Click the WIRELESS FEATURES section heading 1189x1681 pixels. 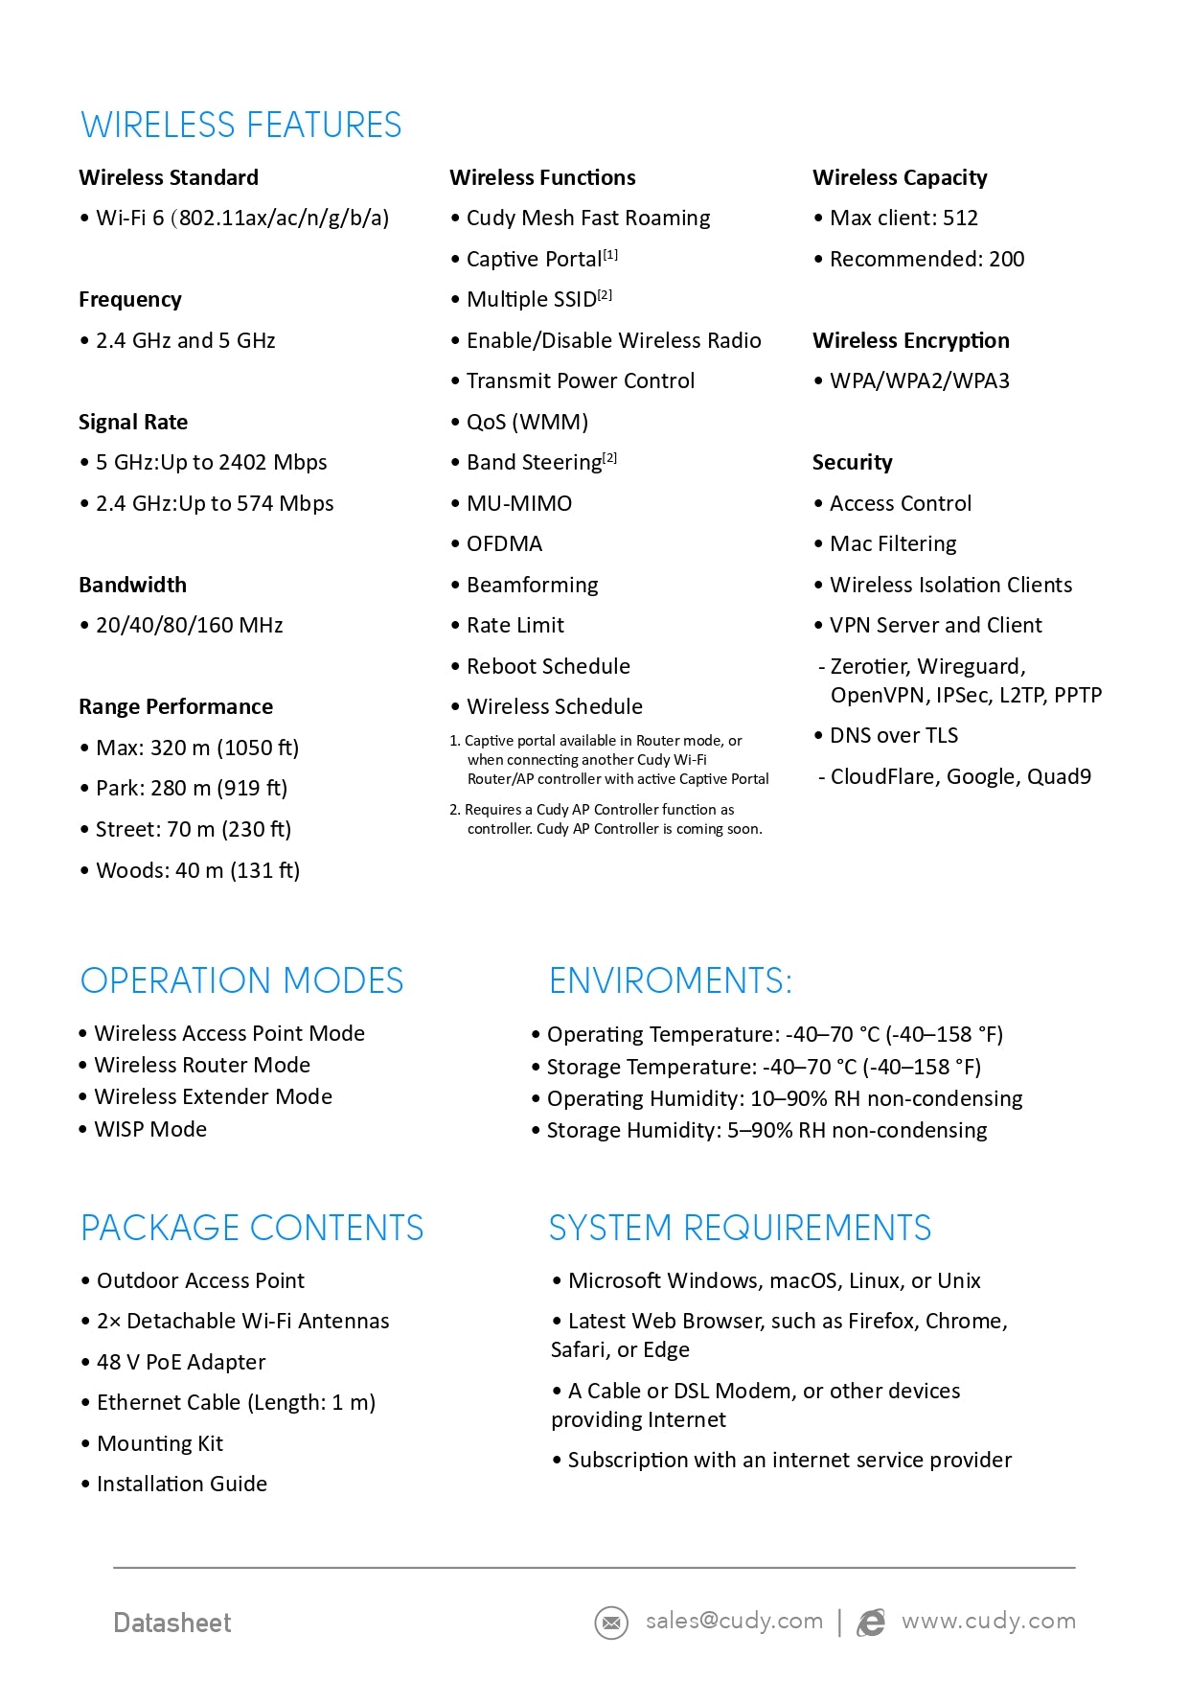coord(240,126)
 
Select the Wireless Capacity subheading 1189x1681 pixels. coord(900,177)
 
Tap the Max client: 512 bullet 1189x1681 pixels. coord(903,219)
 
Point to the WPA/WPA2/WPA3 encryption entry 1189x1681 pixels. coord(919,381)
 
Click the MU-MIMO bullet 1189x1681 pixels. coord(518,504)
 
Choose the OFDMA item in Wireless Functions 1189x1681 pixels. coord(504,544)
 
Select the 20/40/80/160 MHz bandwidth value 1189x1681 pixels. coord(189,626)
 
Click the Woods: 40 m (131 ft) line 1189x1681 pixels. coord(197,870)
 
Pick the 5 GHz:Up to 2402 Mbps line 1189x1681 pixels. coord(211,463)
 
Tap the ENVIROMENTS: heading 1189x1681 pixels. coord(671,981)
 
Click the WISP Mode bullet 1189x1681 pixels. coord(150,1130)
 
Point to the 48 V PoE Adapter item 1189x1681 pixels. coord(181,1363)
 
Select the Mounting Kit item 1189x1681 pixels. coord(159,1444)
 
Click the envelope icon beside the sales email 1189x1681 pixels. coord(611,1623)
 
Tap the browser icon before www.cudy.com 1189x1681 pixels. coord(871,1623)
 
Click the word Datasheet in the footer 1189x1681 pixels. coord(172,1623)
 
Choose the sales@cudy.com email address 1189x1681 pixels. coord(734,1621)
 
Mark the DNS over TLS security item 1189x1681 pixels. coord(893,736)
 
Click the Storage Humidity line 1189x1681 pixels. coord(766,1131)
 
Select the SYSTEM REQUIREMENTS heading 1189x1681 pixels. coord(740,1229)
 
